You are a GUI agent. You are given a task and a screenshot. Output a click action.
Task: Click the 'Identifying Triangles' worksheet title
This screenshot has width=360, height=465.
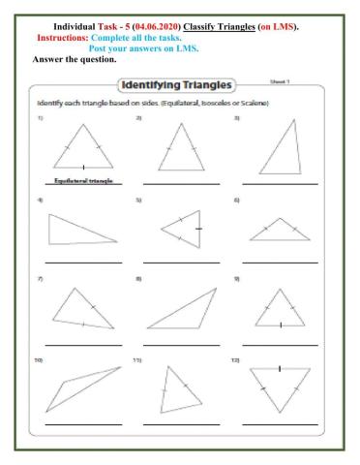tap(180, 86)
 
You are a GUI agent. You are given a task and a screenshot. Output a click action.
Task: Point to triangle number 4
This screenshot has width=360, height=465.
tap(79, 231)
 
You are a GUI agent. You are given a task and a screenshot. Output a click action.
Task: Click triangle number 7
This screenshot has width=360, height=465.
tap(81, 308)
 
